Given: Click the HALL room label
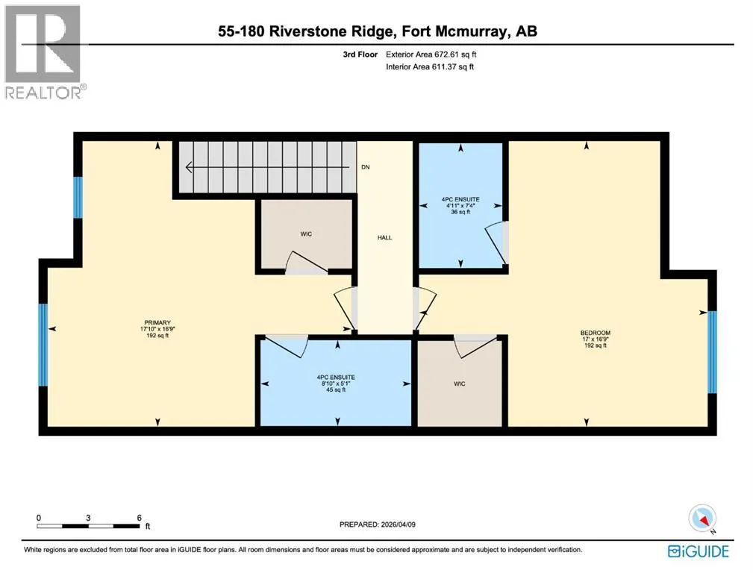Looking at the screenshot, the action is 384,237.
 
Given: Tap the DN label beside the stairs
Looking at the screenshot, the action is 366,167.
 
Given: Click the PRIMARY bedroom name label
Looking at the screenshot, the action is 157,323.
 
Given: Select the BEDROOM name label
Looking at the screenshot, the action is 595,333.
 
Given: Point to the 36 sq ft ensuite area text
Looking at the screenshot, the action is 460,212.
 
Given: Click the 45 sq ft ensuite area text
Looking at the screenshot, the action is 336,390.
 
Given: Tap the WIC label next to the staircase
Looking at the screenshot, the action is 306,234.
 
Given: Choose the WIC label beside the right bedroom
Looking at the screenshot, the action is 459,383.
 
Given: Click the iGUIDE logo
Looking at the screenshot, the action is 699,551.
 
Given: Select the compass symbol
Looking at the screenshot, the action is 702,519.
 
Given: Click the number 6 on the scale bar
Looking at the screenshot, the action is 140,518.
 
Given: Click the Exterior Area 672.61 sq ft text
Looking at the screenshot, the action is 431,54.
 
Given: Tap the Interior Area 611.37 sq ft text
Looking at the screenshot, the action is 430,66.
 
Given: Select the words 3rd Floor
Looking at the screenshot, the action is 360,54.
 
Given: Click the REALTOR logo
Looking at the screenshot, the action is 44,51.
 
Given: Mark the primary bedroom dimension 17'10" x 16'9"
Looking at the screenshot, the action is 157,330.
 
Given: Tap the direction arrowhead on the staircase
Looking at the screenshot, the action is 189,167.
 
